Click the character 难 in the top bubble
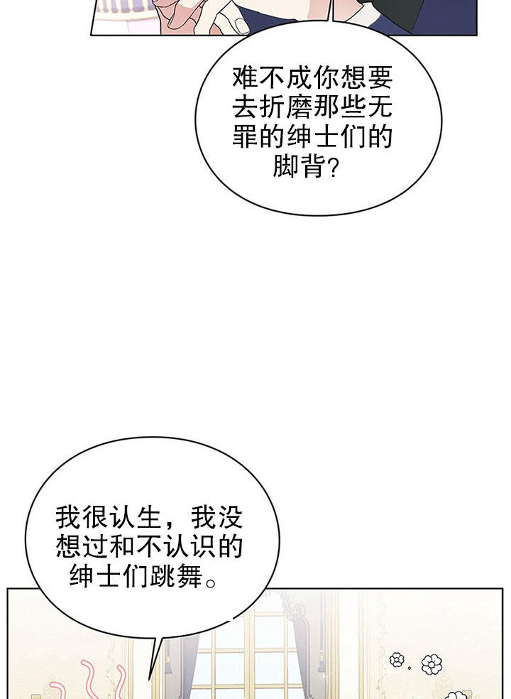pos(246,77)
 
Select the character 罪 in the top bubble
pos(246,136)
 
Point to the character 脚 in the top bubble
pos(286,166)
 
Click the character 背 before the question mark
pos(313,166)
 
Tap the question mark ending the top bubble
pos(333,167)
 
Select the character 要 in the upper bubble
pos(380,77)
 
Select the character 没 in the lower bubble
pos(230,517)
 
